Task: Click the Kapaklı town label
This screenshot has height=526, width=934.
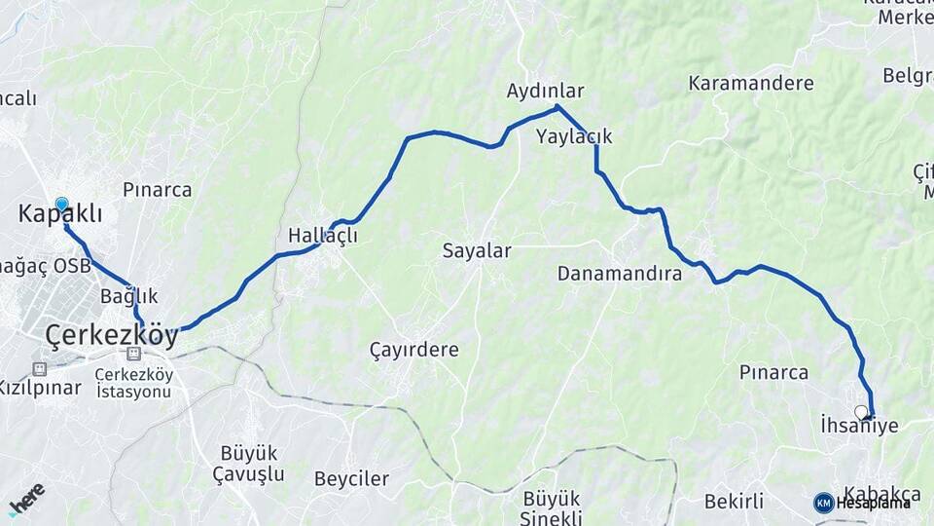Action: pos(60,214)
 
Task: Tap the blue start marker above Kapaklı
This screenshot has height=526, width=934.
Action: pos(62,205)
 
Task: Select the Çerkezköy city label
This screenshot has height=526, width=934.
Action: pos(112,336)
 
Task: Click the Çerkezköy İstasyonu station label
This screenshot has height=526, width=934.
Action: pos(134,383)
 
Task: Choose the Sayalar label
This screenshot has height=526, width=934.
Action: pos(477,250)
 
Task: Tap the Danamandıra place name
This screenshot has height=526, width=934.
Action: pos(619,274)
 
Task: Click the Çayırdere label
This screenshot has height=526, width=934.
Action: pos(414,349)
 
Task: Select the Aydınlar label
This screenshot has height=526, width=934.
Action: pos(545,91)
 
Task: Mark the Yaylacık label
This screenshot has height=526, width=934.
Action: pos(574,136)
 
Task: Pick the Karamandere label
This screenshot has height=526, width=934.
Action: pos(751,83)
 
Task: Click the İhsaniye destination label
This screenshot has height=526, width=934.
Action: pos(859,426)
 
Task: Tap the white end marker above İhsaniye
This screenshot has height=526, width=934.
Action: pos(860,412)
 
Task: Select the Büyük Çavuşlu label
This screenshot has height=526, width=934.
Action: pos(249,464)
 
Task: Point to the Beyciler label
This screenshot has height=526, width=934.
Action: pos(351,478)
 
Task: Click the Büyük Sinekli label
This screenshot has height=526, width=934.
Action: pos(552,507)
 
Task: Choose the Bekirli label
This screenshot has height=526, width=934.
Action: pos(734,502)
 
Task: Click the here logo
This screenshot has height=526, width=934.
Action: pos(26,499)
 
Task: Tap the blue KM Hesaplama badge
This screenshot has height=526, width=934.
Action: pos(862,503)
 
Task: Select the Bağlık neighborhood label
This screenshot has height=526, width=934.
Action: pos(128,295)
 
